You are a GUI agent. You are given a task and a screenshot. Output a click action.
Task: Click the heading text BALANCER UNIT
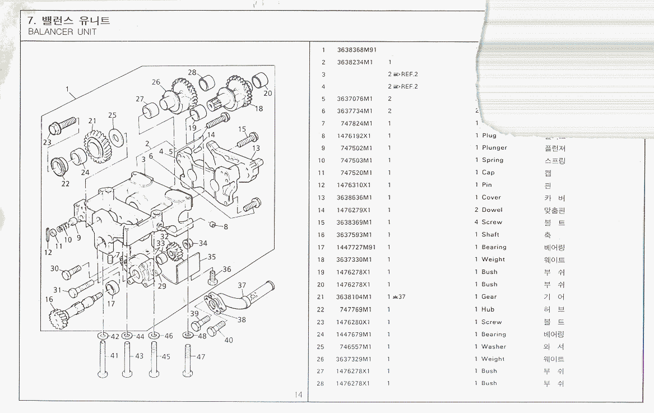point(62,32)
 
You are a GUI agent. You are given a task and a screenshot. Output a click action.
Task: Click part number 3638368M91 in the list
point(356,49)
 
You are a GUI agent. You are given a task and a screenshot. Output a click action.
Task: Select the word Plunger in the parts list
point(494,148)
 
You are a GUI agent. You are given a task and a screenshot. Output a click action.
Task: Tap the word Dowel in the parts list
point(492,210)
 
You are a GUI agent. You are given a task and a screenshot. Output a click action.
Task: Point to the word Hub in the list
point(488,309)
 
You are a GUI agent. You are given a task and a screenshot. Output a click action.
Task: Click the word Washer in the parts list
point(493,347)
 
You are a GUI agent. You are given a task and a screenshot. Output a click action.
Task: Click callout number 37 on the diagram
point(242,285)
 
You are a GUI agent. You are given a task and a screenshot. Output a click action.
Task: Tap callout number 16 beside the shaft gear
point(49,300)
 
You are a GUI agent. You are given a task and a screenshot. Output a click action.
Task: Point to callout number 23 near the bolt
point(47,142)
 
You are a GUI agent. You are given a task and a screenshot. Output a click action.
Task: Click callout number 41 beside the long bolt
point(114,356)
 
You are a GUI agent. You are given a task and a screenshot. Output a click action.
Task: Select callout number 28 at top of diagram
point(192,72)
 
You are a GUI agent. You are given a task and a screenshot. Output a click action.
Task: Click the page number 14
point(299,395)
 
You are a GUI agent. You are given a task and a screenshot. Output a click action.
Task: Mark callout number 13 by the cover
point(256,149)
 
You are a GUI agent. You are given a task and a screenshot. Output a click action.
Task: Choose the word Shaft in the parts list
point(490,235)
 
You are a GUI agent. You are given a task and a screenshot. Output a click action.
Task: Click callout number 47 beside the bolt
point(200,356)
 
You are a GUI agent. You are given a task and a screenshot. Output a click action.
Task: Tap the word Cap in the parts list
point(488,173)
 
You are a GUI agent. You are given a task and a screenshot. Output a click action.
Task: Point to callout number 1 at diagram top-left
point(67,89)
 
